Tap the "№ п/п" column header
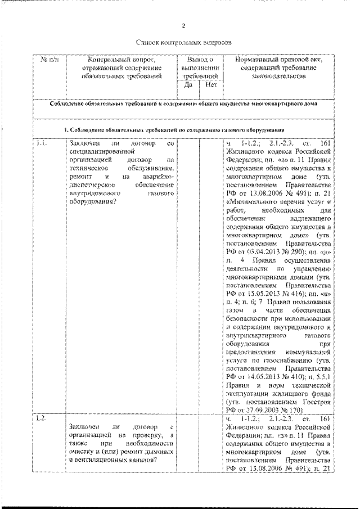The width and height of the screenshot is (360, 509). point(47,60)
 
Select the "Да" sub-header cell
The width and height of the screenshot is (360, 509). point(189,85)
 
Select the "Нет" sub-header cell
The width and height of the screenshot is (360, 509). point(211,85)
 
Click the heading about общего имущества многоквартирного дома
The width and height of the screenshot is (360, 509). point(183,104)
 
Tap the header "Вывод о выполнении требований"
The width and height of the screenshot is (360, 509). point(200,66)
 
